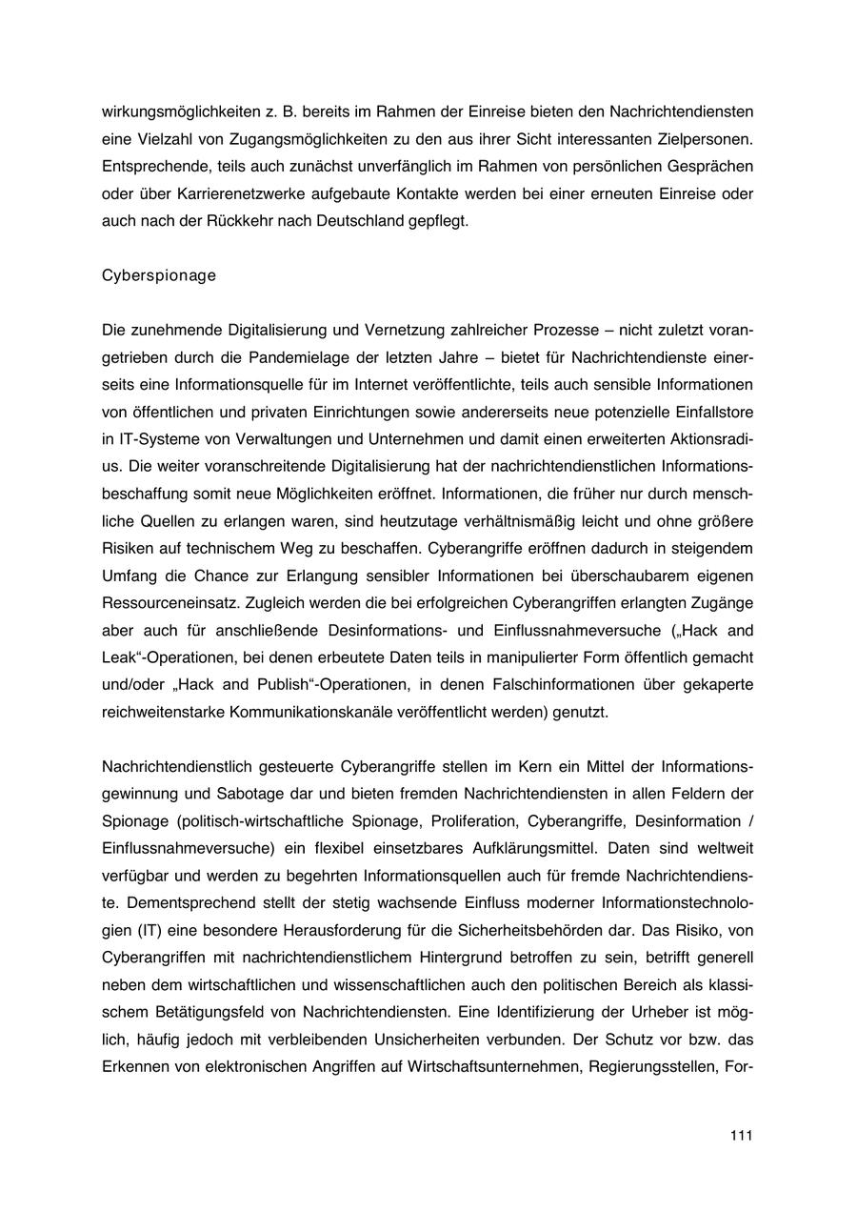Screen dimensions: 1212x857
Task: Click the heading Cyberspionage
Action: tap(158, 276)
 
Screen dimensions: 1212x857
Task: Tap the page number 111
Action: tap(742, 1135)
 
